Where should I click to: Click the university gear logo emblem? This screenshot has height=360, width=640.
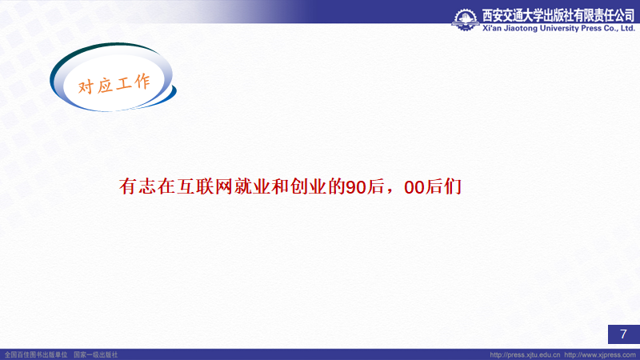pyautogui.click(x=466, y=19)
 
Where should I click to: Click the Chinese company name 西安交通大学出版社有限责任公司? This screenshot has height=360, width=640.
pyautogui.click(x=558, y=15)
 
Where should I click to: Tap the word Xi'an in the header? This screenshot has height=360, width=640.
pyautogui.click(x=492, y=28)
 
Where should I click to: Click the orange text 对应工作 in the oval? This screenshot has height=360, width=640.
pyautogui.click(x=114, y=85)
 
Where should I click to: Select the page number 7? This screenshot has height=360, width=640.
pyautogui.click(x=623, y=334)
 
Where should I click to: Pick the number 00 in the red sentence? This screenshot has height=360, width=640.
pyautogui.click(x=414, y=187)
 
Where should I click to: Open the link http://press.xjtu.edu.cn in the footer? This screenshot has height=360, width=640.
pyautogui.click(x=525, y=355)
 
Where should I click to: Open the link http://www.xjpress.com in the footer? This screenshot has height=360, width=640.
pyautogui.click(x=600, y=355)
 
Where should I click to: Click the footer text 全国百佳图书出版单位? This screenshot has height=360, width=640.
pyautogui.click(x=36, y=355)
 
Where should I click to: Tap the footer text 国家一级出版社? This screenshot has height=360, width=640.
pyautogui.click(x=95, y=355)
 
